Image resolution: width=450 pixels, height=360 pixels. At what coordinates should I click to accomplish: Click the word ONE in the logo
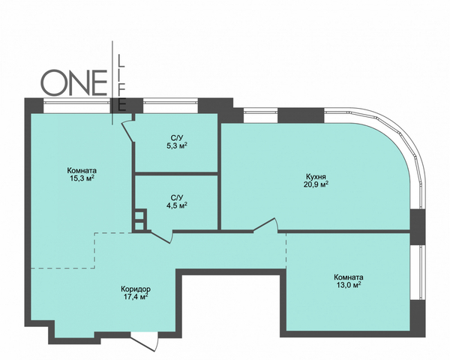click(74, 82)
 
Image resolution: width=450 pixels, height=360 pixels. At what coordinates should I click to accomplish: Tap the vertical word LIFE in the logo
click(121, 82)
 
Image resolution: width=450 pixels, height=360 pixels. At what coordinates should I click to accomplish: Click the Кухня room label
click(316, 176)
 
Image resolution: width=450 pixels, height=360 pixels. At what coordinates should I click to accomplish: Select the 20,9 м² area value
click(316, 184)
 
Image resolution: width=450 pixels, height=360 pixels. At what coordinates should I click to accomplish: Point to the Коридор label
click(136, 289)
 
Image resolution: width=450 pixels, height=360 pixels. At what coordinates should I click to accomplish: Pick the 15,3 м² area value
click(82, 178)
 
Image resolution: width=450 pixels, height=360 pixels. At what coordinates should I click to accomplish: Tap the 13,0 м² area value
click(349, 285)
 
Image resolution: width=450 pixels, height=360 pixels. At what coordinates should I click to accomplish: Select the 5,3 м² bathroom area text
click(177, 145)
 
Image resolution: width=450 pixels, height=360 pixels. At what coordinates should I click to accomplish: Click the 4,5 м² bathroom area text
click(177, 205)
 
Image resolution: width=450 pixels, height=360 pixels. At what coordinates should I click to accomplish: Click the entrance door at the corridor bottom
click(145, 341)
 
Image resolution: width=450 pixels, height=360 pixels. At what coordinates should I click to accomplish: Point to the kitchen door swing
click(265, 224)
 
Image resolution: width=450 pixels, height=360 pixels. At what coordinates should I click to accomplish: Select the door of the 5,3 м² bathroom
click(128, 131)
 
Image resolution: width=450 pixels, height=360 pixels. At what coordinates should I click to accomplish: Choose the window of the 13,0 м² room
click(418, 273)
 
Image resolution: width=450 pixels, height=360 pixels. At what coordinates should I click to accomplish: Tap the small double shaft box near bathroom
click(139, 220)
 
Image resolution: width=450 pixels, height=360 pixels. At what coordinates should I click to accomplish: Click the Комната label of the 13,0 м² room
click(349, 277)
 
